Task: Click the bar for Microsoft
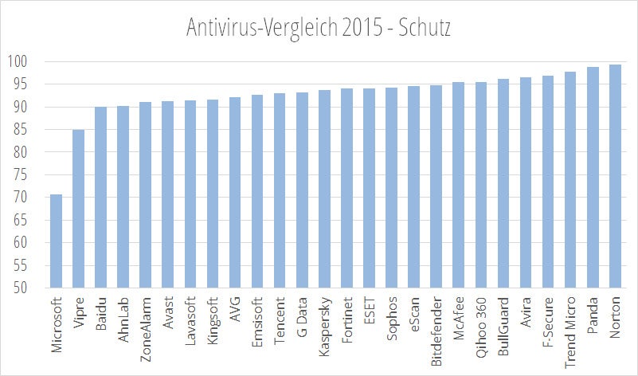pyautogui.click(x=56, y=241)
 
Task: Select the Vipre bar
pyautogui.click(x=78, y=209)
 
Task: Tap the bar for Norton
pyautogui.click(x=615, y=176)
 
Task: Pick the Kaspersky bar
pyautogui.click(x=324, y=189)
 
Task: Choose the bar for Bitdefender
pyautogui.click(x=436, y=186)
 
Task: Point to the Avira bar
pyautogui.click(x=526, y=182)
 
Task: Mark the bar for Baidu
pyautogui.click(x=100, y=198)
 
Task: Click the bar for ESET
pyautogui.click(x=369, y=188)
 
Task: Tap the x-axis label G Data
pyautogui.click(x=302, y=315)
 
